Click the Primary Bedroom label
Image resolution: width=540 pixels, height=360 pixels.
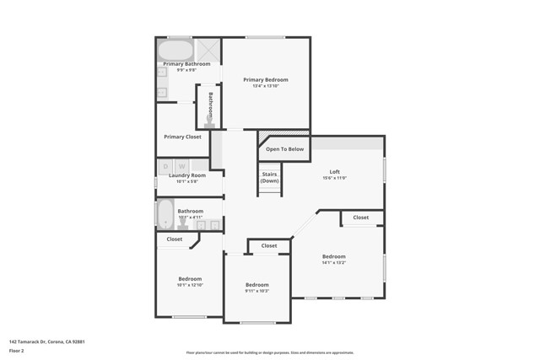click(265, 79)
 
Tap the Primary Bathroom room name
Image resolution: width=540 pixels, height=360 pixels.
click(186, 64)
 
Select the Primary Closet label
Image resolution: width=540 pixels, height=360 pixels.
click(182, 137)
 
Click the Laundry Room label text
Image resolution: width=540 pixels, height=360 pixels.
click(186, 175)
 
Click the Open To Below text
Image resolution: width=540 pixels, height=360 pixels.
click(284, 149)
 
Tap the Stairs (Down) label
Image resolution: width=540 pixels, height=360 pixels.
click(269, 177)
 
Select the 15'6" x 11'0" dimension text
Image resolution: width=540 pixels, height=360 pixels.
click(334, 179)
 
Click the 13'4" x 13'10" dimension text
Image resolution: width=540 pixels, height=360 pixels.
click(265, 86)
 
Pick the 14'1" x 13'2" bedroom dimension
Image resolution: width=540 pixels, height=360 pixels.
click(333, 263)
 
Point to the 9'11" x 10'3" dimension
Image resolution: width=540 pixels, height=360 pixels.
click(256, 291)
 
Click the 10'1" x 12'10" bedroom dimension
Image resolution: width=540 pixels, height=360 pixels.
click(190, 285)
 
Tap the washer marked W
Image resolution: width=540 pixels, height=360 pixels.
click(181, 166)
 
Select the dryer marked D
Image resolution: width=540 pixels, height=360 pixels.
click(165, 166)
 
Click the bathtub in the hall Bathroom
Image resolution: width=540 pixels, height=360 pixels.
click(165, 214)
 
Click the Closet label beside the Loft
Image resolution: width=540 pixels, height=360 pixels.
click(360, 218)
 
